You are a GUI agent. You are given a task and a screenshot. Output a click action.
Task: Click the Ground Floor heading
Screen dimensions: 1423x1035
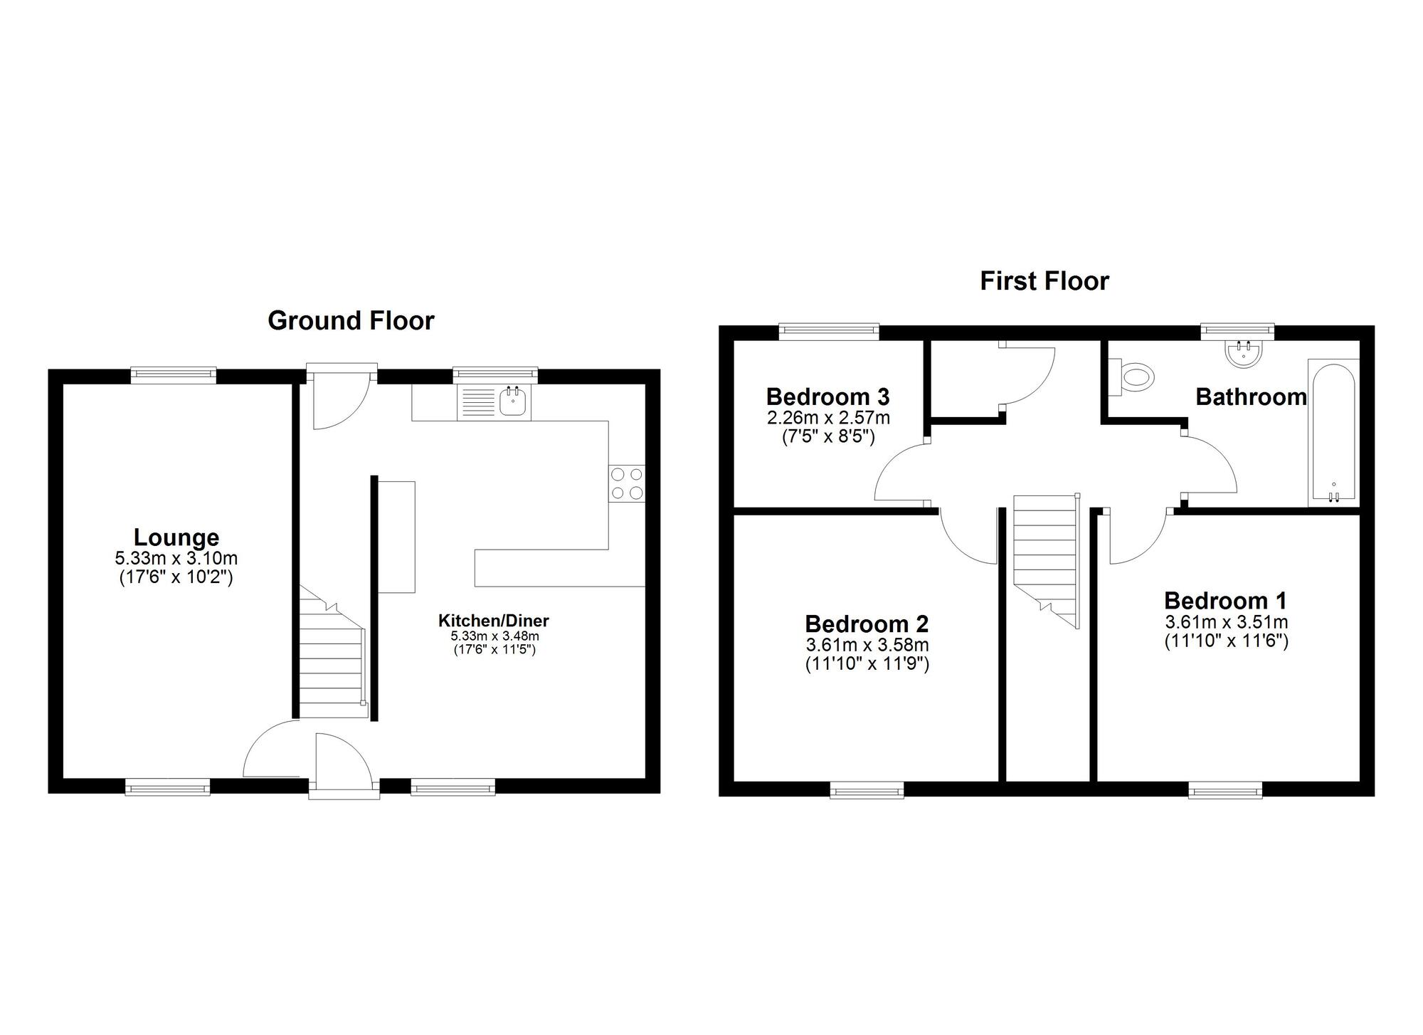point(351,321)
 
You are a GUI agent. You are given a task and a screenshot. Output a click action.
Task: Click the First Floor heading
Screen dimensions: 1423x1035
point(1044,281)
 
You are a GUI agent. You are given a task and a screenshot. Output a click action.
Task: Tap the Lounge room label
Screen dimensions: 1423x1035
point(176,537)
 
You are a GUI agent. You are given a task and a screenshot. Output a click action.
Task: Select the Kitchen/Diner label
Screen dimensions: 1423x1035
point(494,621)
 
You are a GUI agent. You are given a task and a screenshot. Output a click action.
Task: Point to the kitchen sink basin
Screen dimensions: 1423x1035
point(513,401)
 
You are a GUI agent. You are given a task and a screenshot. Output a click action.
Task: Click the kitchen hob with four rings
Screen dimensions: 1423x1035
point(627,483)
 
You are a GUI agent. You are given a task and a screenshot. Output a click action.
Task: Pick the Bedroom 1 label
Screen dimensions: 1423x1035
point(1225,601)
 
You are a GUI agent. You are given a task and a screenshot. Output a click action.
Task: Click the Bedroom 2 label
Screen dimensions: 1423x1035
point(867,624)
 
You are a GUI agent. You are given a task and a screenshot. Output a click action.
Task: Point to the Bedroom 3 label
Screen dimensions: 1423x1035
point(828,396)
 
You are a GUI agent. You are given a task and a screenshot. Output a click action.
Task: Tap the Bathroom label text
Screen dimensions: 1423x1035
point(1251,396)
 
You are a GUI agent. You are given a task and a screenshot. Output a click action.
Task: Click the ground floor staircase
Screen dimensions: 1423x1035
point(332,651)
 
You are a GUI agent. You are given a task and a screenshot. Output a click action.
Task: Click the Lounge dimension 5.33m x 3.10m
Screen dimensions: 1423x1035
point(176,559)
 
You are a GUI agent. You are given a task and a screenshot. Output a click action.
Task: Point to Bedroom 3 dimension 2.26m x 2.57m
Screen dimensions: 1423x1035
point(828,418)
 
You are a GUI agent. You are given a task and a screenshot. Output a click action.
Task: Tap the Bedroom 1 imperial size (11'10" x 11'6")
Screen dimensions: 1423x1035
point(1226,641)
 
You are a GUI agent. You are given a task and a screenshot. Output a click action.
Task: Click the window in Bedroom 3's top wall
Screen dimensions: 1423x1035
point(829,331)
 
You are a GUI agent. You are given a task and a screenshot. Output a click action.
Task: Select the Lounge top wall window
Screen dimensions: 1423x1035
point(174,374)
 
